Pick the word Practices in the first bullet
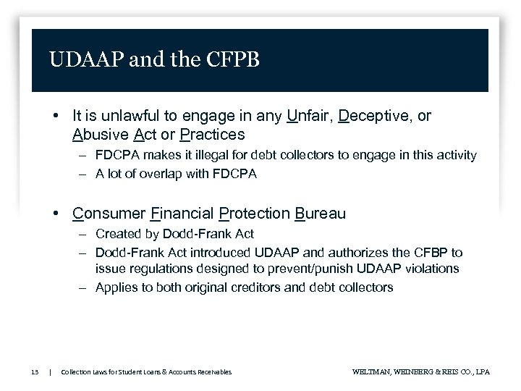pyautogui.click(x=212, y=135)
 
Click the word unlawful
pyautogui.click(x=126, y=116)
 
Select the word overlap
pyautogui.click(x=145, y=173)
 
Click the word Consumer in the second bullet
pyautogui.click(x=108, y=214)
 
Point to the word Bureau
pyautogui.click(x=321, y=214)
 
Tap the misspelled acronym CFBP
pyautogui.click(x=431, y=253)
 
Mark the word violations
pyautogui.click(x=432, y=269)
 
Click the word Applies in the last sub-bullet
pyautogui.click(x=116, y=287)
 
